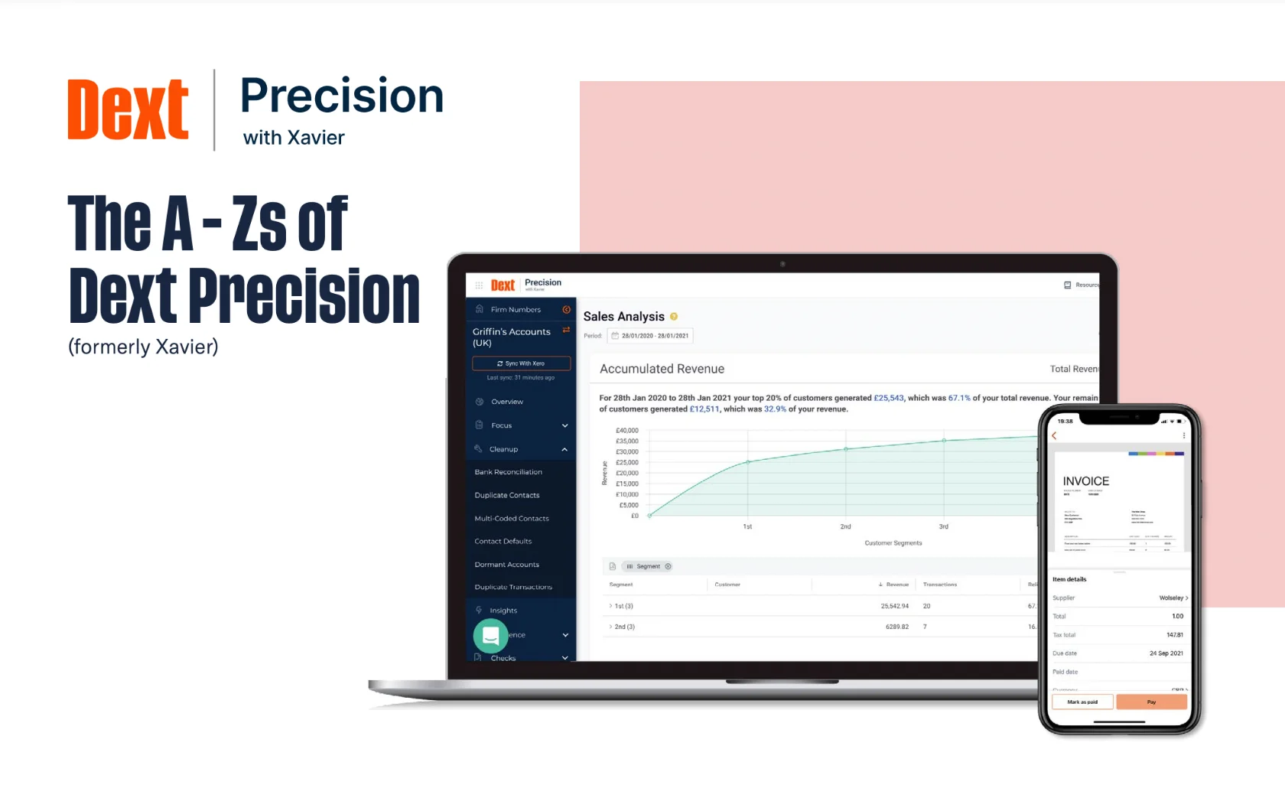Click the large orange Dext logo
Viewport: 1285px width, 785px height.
pos(128,109)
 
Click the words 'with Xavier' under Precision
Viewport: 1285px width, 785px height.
pos(294,138)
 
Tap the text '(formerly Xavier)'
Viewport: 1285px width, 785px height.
pos(143,347)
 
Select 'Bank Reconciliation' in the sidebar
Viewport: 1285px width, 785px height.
pos(508,472)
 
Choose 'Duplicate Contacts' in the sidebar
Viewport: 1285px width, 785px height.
pos(506,495)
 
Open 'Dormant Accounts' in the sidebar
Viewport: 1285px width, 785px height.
pos(506,565)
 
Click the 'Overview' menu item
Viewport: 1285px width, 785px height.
pos(506,402)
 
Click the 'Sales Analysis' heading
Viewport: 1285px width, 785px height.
pos(623,317)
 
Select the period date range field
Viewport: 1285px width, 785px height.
pos(651,336)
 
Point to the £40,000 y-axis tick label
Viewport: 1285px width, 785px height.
pos(626,431)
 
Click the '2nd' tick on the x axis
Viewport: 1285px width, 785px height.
pos(845,526)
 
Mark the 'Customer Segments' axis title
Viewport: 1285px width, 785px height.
pos(893,543)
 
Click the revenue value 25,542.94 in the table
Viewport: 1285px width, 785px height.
pos(894,606)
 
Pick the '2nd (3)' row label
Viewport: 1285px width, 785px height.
pos(624,627)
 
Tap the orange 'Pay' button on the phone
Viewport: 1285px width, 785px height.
pos(1151,702)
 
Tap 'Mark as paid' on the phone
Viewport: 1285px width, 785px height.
pos(1082,702)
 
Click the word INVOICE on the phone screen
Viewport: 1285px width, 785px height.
pos(1085,481)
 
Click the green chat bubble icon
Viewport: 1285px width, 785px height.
pos(490,635)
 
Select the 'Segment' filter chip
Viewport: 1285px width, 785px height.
pos(648,566)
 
